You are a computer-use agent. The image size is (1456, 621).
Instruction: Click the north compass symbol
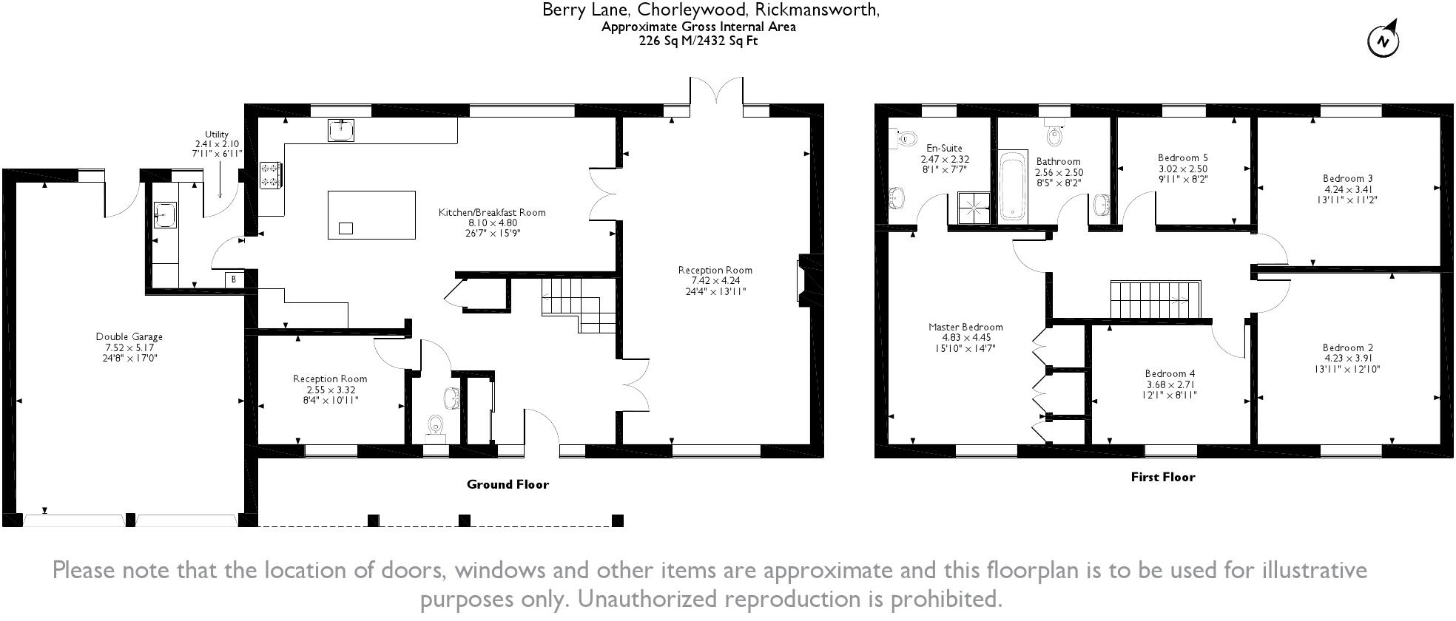point(1383,41)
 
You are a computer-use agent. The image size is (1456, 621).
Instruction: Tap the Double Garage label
point(129,337)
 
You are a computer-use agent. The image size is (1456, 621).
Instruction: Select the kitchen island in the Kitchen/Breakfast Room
point(371,214)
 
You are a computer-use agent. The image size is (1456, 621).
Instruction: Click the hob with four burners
point(270,176)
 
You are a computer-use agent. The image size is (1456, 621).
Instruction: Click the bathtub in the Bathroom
point(1012,186)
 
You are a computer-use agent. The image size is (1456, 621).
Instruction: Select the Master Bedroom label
point(965,327)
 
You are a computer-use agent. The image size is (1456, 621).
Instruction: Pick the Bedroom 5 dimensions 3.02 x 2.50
point(1183,169)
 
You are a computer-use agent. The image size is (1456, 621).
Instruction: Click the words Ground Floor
point(508,484)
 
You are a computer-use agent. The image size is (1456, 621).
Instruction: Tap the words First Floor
point(1162,477)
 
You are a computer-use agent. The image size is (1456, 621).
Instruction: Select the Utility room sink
point(164,215)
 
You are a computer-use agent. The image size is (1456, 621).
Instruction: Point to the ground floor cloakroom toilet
point(436,427)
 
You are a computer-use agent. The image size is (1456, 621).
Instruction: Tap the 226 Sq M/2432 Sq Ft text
point(698,41)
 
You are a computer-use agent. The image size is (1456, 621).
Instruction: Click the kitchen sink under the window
point(341,130)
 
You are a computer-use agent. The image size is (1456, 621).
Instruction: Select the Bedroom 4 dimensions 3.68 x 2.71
point(1170,384)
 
